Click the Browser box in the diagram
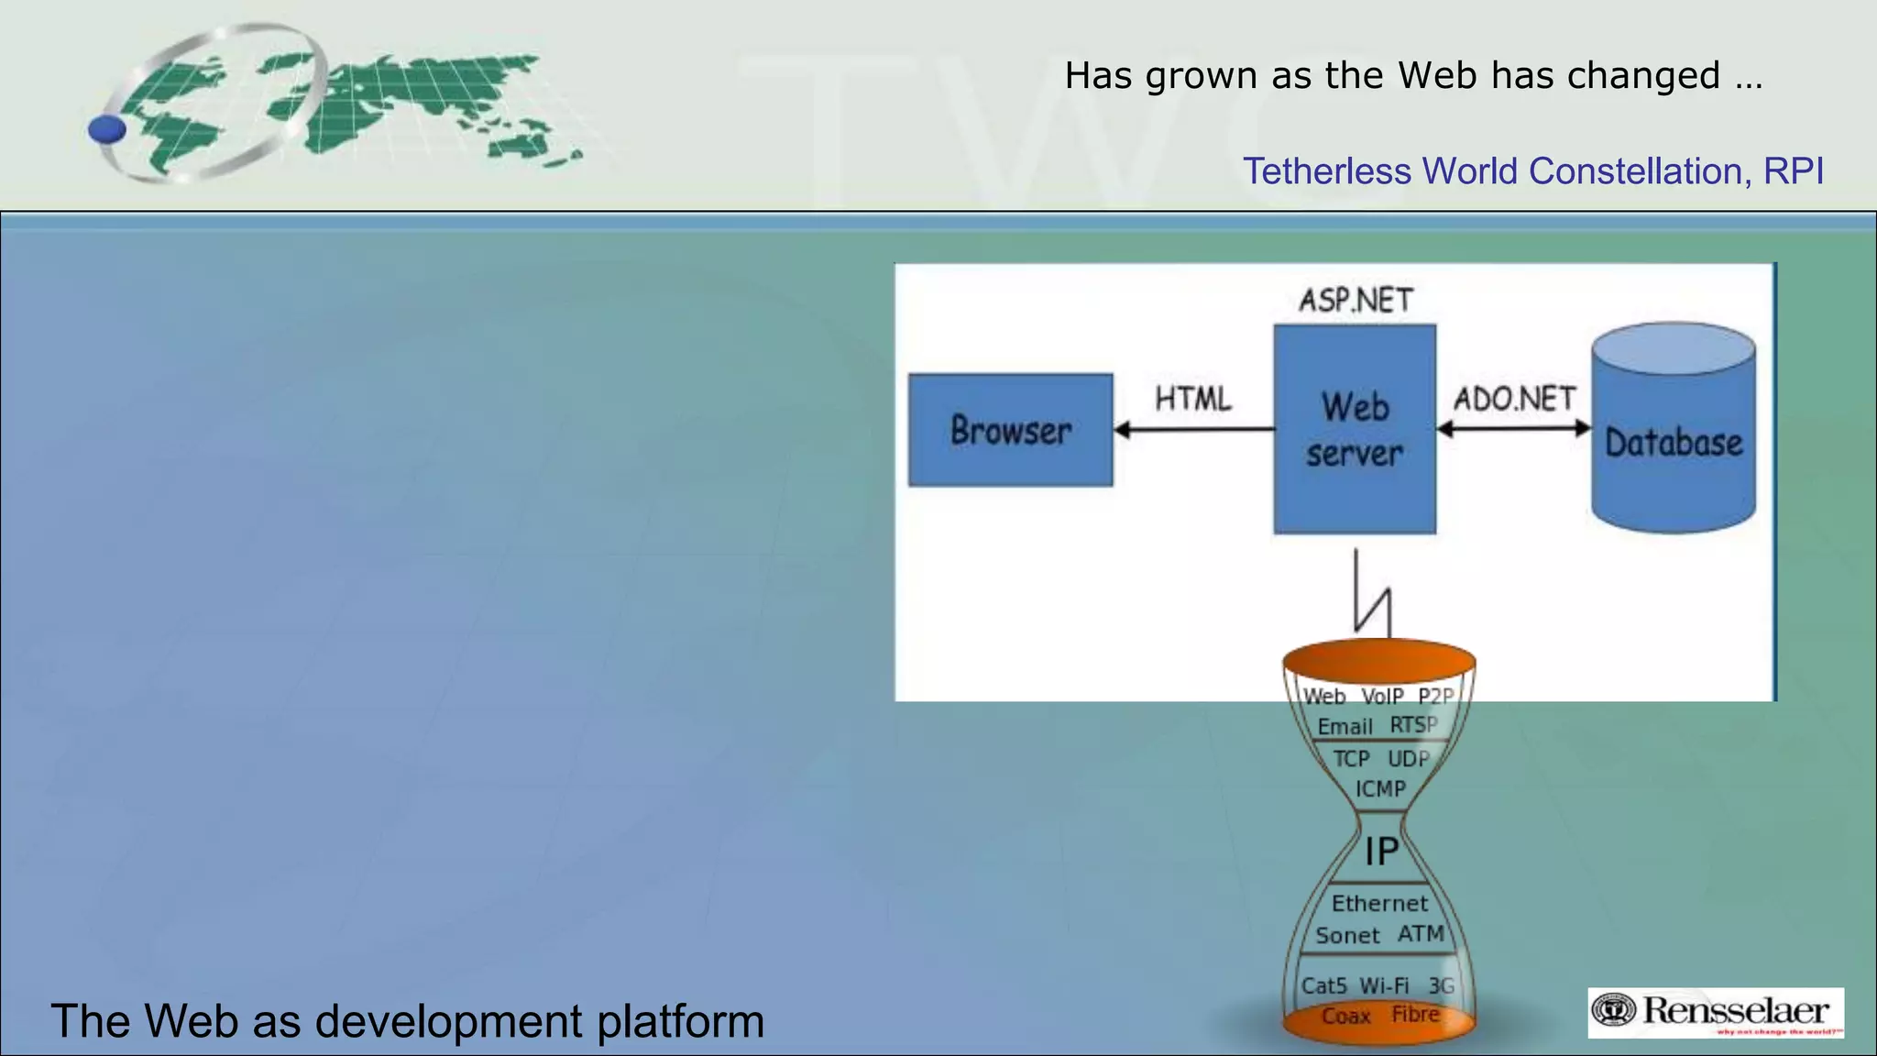coord(1010,430)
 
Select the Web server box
coord(1355,429)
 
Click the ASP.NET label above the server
coord(1356,301)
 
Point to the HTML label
coord(1193,399)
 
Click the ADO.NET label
coord(1514,399)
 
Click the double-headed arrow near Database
coord(1514,428)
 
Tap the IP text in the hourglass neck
coord(1381,852)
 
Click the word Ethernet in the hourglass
coord(1379,904)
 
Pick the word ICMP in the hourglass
coord(1380,789)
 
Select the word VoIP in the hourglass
coord(1382,697)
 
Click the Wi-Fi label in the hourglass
coord(1384,986)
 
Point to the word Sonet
coord(1347,936)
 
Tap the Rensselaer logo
coord(1715,1012)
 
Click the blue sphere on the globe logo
coord(107,129)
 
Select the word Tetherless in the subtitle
coord(1326,171)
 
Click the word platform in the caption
coord(680,1021)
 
